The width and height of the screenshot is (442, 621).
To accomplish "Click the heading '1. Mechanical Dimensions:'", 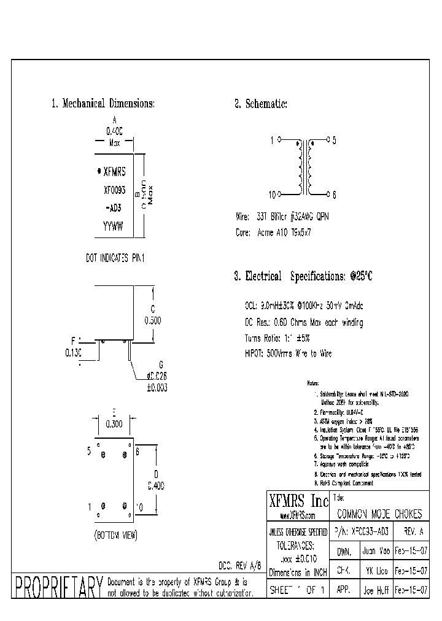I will click(103, 104).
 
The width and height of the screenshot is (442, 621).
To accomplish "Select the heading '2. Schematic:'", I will click(260, 104).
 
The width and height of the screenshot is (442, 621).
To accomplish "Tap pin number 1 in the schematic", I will click(272, 141).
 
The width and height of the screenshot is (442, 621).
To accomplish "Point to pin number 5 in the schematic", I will click(334, 141).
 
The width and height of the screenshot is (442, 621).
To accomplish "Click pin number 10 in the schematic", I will click(271, 195).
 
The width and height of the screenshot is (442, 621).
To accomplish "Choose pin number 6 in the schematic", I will click(334, 195).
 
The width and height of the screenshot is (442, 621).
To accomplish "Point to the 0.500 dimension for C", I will click(152, 320).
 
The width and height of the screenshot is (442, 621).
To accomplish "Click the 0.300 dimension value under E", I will click(114, 424).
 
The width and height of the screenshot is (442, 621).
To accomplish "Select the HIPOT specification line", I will click(287, 353).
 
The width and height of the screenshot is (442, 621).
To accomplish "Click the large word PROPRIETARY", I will click(58, 587).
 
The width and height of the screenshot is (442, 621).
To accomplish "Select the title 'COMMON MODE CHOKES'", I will click(380, 514).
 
